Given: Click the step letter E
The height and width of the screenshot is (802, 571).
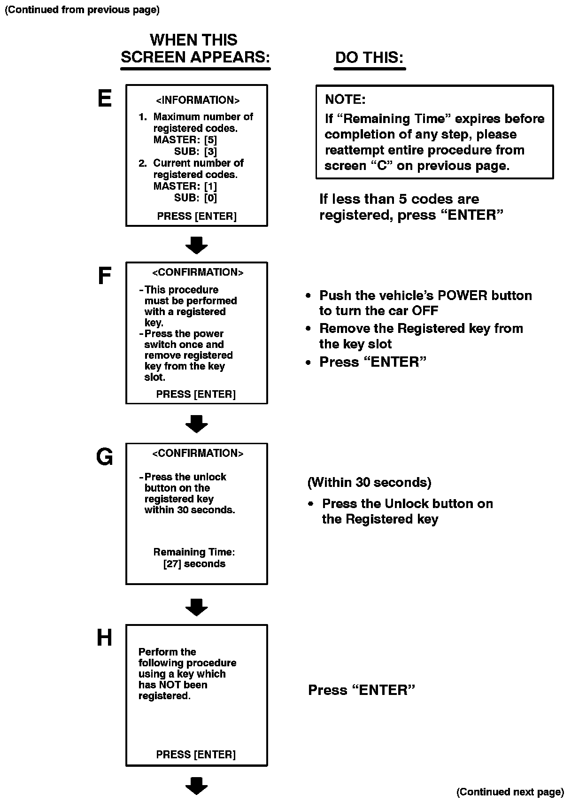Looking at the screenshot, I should click(104, 99).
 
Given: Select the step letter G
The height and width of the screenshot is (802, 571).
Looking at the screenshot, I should click(104, 456).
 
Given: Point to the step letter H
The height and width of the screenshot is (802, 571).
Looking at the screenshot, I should click(104, 638).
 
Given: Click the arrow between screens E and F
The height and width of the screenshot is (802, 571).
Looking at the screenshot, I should click(196, 245).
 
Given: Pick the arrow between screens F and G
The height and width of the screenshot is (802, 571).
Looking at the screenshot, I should click(196, 424).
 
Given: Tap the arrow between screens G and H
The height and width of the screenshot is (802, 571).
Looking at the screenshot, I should click(196, 607).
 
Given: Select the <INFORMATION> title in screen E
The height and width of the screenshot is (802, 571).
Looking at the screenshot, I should click(197, 100).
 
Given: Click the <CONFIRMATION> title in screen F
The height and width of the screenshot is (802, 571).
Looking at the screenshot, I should click(198, 272).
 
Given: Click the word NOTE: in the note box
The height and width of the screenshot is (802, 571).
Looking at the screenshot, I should click(345, 100).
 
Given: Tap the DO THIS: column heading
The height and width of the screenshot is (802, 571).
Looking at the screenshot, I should click(369, 58).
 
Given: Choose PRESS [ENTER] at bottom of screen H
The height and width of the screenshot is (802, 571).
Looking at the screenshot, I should click(196, 755).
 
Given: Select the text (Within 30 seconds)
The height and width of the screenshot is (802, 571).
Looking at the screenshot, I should click(370, 482).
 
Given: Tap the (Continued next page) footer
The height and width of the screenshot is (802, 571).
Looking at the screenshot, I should click(510, 792).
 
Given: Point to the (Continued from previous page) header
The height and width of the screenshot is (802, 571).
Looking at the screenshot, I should click(82, 10).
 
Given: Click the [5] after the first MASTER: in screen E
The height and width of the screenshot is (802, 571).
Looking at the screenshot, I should click(210, 140).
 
